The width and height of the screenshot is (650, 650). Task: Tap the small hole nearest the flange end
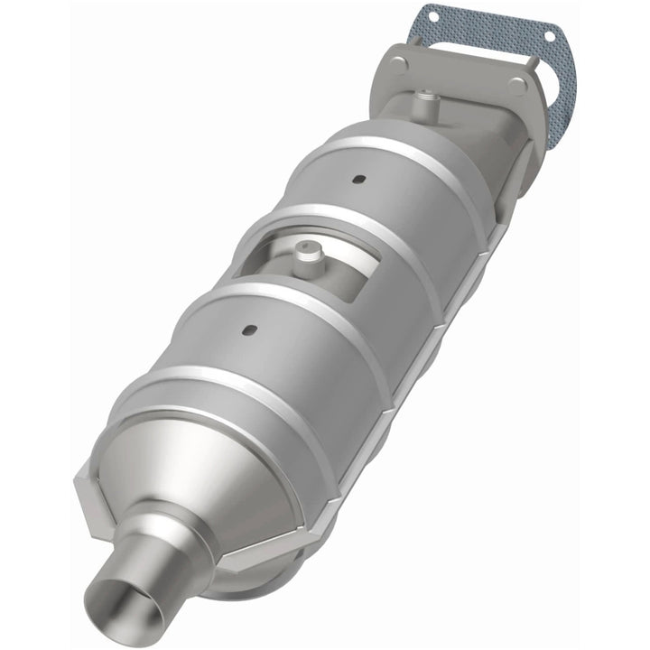tap(359, 179)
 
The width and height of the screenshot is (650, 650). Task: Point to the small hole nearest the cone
tap(252, 330)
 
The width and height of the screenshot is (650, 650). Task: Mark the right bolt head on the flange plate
tap(517, 86)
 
